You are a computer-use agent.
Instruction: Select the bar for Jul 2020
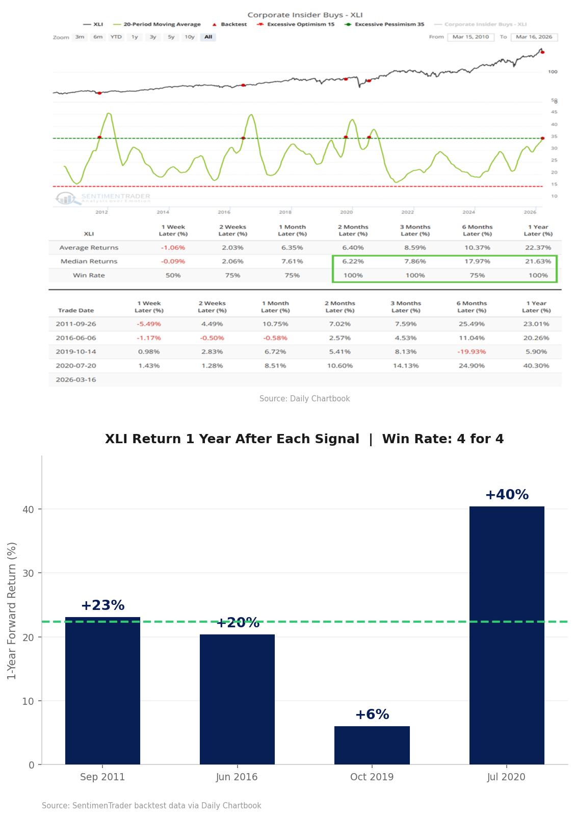(x=506, y=635)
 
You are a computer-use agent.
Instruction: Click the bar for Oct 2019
(x=372, y=745)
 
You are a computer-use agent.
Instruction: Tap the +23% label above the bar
(x=102, y=605)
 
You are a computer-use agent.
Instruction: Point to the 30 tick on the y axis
(x=28, y=573)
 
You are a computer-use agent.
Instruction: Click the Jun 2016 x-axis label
(x=237, y=777)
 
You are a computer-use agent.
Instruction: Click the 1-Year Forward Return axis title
(x=12, y=610)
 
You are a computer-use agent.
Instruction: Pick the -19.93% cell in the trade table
(x=472, y=352)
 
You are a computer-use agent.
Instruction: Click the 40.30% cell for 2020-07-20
(x=536, y=366)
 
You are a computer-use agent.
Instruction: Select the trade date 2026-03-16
(x=76, y=379)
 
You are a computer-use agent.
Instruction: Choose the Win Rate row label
(x=89, y=275)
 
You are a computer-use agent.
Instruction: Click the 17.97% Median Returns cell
(x=477, y=261)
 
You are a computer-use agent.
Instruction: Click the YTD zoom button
(x=116, y=37)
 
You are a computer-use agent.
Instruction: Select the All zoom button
(x=208, y=37)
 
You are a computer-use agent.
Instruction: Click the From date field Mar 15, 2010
(x=471, y=37)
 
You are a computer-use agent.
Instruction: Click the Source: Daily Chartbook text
(x=304, y=399)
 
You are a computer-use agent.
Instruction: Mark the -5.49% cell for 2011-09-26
(x=149, y=324)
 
